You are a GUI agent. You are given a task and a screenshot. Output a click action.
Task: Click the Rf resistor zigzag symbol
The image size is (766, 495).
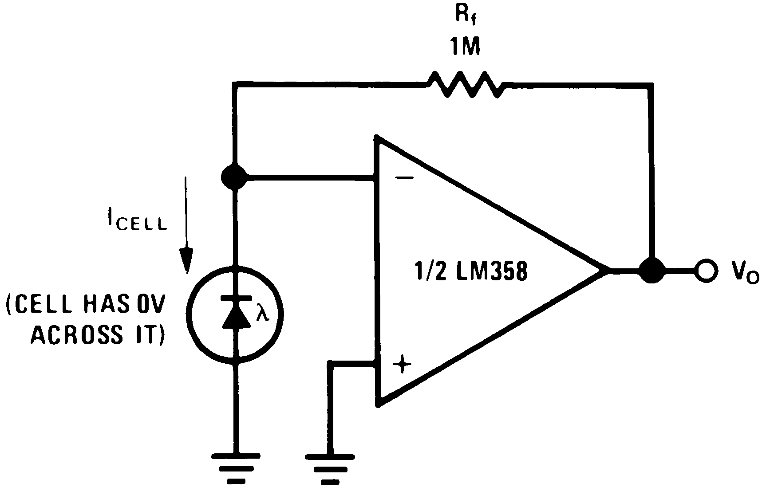(x=465, y=84)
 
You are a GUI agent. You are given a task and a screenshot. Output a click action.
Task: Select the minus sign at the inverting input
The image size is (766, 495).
(x=404, y=178)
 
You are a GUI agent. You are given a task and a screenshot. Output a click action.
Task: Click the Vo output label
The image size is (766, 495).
(x=743, y=271)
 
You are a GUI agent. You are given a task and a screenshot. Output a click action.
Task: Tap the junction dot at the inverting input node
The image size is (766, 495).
(x=234, y=178)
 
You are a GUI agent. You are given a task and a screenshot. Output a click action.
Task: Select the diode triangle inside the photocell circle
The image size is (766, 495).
(x=234, y=315)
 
